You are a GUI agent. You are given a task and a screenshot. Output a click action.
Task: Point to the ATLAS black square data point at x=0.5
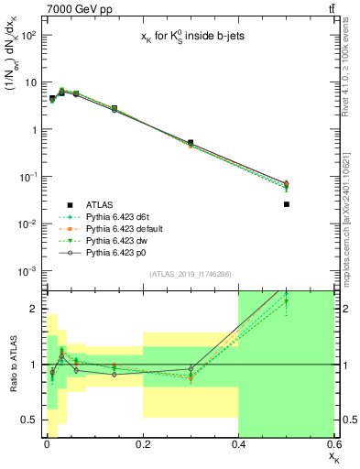(x=287, y=204)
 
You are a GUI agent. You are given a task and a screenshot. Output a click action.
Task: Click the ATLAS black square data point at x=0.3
(x=191, y=143)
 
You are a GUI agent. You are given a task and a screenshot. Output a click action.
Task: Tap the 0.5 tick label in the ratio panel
(x=29, y=420)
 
